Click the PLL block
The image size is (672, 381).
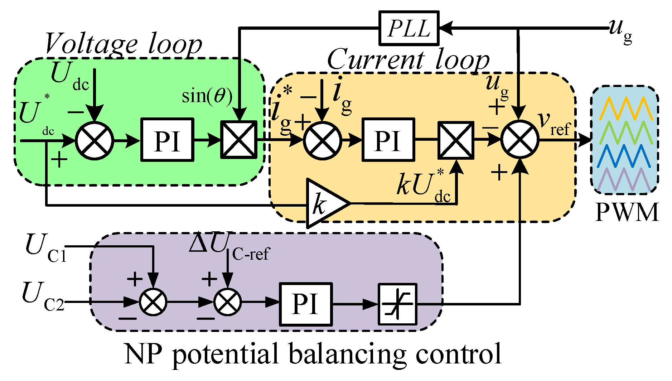coord(409,28)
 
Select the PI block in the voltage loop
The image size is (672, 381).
coord(167,140)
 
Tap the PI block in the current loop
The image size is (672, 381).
coord(388,140)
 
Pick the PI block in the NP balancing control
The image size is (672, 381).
coord(305,304)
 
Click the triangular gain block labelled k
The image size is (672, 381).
coord(324,203)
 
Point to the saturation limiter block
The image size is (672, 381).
coord(397,304)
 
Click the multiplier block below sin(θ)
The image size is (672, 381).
coord(239,140)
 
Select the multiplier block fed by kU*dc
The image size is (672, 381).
coord(456,140)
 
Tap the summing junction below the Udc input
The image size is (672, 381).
coord(95,140)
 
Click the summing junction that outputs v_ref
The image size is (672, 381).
coord(519,140)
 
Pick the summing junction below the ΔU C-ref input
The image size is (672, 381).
coord(227,302)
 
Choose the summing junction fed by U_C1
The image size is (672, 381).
coord(153,302)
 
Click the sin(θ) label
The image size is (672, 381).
coord(207,96)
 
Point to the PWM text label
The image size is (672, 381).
coord(627,212)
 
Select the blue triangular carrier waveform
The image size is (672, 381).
coord(625,156)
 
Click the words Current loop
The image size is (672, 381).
coord(408,60)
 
